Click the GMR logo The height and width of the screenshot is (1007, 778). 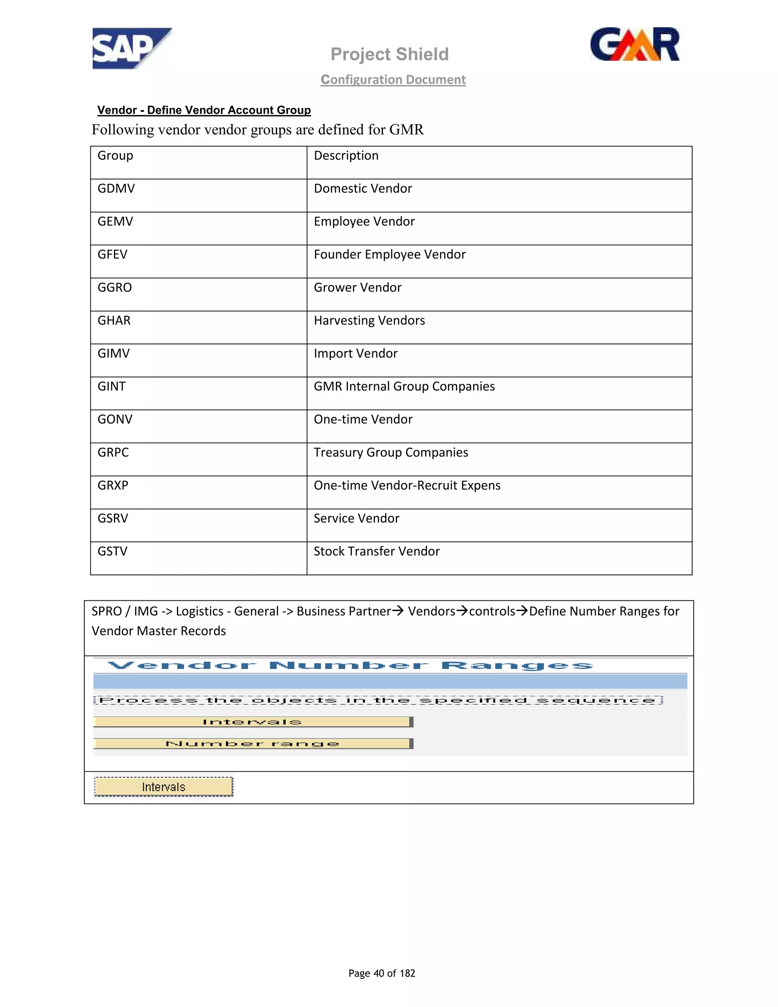[635, 45]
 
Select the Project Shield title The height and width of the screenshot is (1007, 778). [389, 54]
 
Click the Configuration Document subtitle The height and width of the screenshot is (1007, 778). [393, 80]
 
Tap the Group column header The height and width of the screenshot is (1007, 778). [115, 156]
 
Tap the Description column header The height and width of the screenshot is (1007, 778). [346, 156]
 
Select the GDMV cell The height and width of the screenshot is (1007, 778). [116, 188]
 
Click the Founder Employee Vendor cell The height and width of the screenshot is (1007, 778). [389, 255]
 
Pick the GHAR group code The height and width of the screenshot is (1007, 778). [114, 320]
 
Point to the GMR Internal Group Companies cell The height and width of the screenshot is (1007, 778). [404, 386]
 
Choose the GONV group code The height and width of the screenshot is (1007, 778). [115, 420]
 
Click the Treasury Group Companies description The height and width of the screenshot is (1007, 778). [391, 452]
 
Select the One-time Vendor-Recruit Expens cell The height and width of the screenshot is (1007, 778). [407, 486]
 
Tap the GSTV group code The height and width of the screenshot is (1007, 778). [112, 551]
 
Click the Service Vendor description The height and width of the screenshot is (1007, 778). [356, 519]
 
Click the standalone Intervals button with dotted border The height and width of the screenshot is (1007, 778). [164, 787]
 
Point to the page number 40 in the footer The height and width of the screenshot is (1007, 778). [378, 973]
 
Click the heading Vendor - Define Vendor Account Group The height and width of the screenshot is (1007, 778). [204, 110]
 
